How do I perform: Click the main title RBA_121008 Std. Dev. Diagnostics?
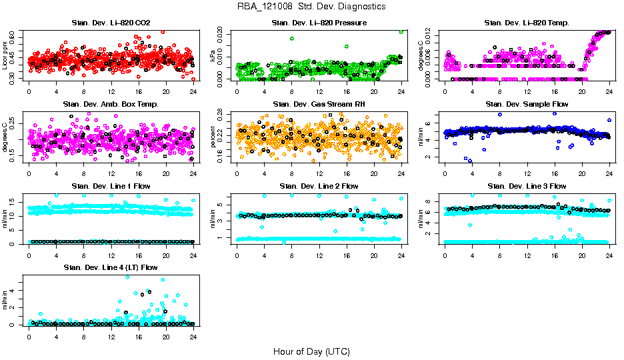click(x=311, y=7)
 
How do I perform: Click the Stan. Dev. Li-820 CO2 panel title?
click(x=111, y=23)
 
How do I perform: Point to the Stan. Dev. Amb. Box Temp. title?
click(x=111, y=104)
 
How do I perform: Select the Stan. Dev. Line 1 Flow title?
click(x=111, y=186)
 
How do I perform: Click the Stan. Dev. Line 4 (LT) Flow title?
click(x=111, y=267)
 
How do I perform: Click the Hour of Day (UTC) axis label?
click(x=311, y=351)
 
